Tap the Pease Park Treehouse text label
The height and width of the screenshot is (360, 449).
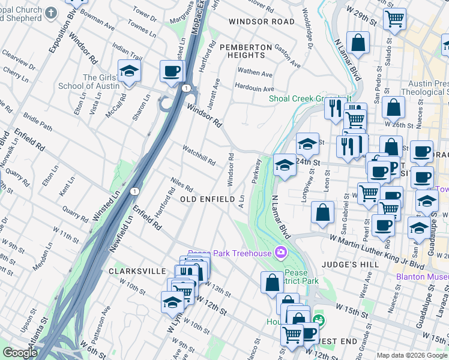230,253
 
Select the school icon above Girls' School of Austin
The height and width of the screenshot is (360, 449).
129,71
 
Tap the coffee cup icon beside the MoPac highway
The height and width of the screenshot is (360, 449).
171,71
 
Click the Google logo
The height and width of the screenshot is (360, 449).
20,353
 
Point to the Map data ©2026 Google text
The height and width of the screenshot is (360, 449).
411,355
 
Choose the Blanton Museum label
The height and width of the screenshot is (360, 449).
423,277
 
